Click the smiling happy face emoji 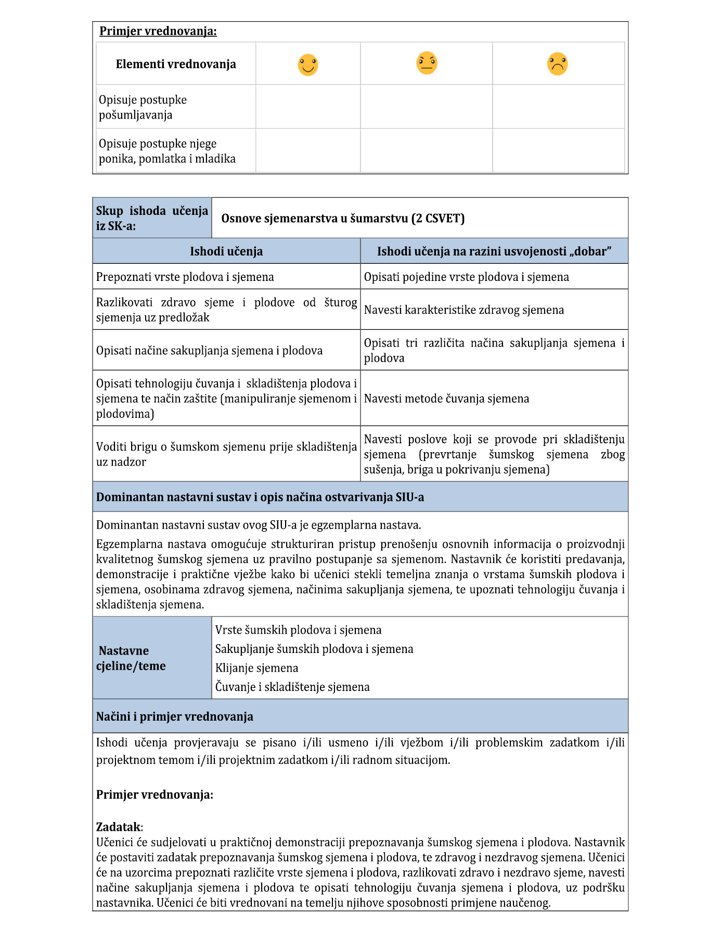click(307, 65)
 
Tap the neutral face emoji click(427, 63)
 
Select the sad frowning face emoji click(557, 64)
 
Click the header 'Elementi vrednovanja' click(176, 64)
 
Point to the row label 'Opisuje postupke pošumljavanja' click(143, 107)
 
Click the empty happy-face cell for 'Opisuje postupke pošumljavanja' click(308, 107)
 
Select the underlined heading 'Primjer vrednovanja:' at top click(158, 31)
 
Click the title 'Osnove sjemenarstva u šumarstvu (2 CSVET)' click(343, 218)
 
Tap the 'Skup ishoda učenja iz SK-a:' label click(151, 218)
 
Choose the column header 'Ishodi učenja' click(226, 251)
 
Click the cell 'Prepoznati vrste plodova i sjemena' click(185, 277)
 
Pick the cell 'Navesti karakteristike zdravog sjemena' click(463, 310)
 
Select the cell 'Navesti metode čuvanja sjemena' click(446, 399)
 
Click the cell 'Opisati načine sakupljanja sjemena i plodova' click(209, 350)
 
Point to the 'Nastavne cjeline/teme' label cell click(131, 658)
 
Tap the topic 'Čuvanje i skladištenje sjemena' click(292, 687)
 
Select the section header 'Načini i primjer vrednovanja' click(175, 716)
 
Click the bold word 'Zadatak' click(118, 827)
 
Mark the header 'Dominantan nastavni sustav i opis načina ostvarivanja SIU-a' click(260, 497)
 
